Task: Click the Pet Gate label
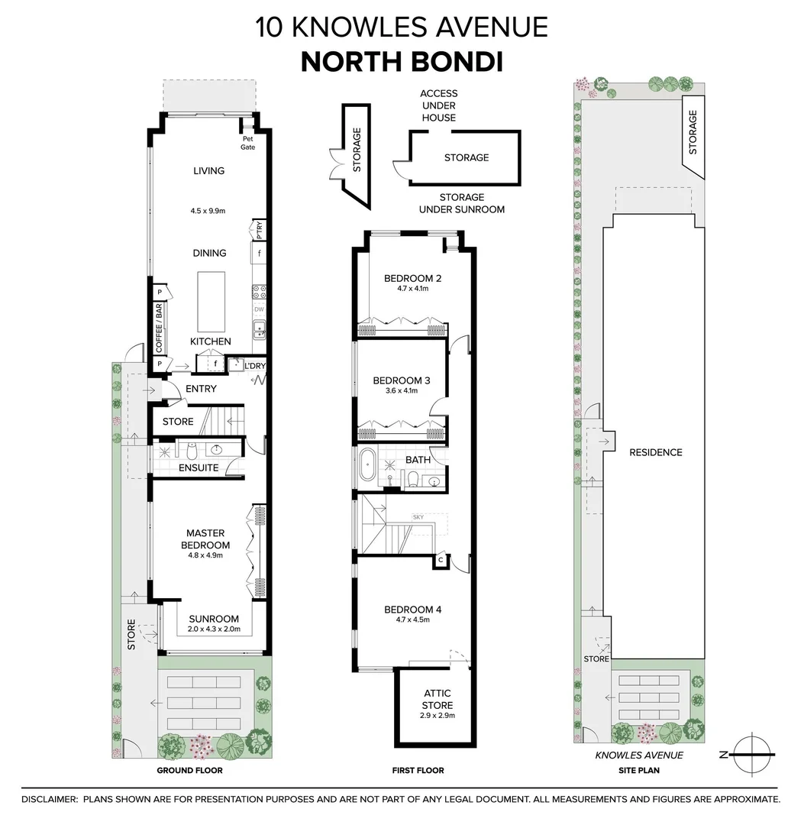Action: click(x=248, y=143)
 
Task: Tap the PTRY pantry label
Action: click(x=259, y=230)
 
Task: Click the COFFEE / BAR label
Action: click(x=160, y=328)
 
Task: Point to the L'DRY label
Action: click(x=253, y=366)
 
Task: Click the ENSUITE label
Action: click(x=199, y=467)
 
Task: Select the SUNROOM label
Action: click(x=214, y=619)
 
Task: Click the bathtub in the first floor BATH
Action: click(x=367, y=464)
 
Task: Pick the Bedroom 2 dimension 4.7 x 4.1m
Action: click(x=412, y=289)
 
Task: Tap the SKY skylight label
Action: click(x=418, y=517)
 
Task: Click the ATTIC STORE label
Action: click(x=438, y=699)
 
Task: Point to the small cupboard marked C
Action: click(x=441, y=560)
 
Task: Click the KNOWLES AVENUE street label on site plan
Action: click(x=638, y=755)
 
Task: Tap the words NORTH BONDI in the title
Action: click(x=402, y=62)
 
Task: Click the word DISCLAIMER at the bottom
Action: click(x=49, y=799)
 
